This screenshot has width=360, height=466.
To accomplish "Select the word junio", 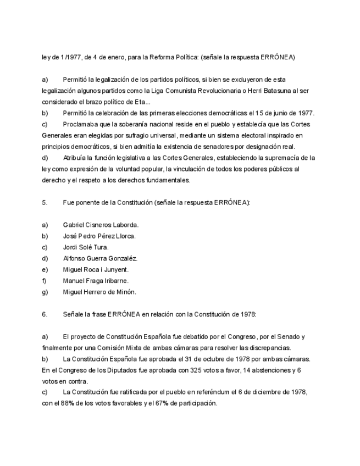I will click(278, 113).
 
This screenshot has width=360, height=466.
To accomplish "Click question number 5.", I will click(45, 203).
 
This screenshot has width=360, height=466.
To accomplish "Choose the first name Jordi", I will click(70, 247).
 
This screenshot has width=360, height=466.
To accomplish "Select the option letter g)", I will click(45, 292).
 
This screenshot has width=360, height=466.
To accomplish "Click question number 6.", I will click(45, 314).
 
